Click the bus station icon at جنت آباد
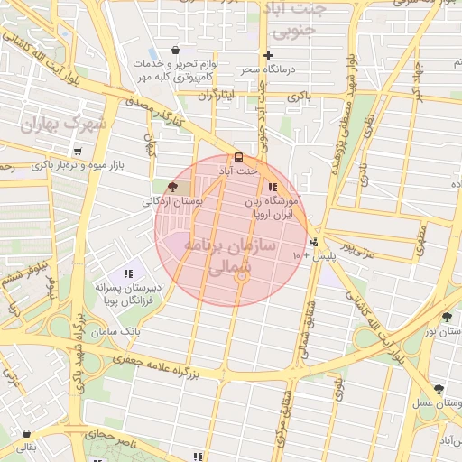tap(238, 157)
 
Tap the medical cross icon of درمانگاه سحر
tap(268, 56)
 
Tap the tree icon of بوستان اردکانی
tap(172, 187)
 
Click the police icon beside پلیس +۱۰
tap(314, 242)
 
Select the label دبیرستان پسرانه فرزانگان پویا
tap(129, 293)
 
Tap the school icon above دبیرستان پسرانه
tap(127, 273)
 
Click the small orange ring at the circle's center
tap(241, 278)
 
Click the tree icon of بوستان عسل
tap(439, 389)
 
